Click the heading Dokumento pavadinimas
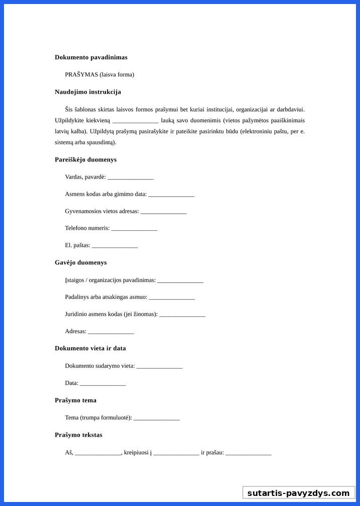[91, 57]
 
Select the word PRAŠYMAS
[81, 74]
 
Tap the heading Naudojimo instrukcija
[88, 92]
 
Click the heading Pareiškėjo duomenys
[85, 159]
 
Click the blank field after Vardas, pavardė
[130, 178]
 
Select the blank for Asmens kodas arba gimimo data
[171, 195]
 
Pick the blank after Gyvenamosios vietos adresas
[163, 212]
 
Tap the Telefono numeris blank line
[134, 229]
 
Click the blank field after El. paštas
[115, 246]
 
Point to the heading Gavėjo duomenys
[80, 263]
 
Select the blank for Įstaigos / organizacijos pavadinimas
[180, 281]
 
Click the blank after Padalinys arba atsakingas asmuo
[171, 298]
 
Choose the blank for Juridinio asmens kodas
[182, 315]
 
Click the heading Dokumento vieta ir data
[91, 348]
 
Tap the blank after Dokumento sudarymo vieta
[159, 366]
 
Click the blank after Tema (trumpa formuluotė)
[156, 418]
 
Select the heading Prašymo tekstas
[78, 435]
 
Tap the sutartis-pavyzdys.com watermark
[298, 493]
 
